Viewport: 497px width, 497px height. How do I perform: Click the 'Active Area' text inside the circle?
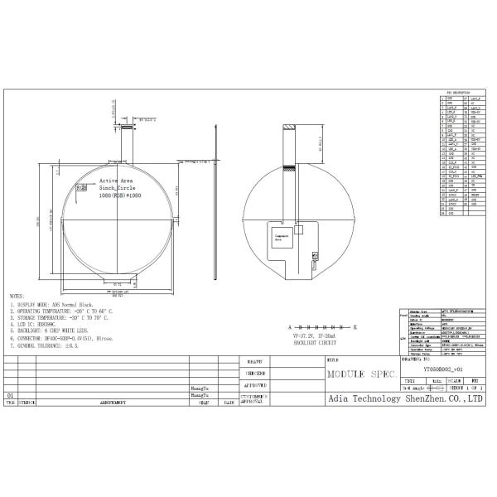click(x=116, y=180)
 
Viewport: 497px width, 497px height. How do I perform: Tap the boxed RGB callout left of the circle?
click(x=81, y=188)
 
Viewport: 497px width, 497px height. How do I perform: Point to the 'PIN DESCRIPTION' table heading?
click(x=458, y=93)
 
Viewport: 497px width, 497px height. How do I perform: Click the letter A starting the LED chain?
click(x=289, y=327)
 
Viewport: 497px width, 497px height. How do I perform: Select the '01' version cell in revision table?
click(x=10, y=396)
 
